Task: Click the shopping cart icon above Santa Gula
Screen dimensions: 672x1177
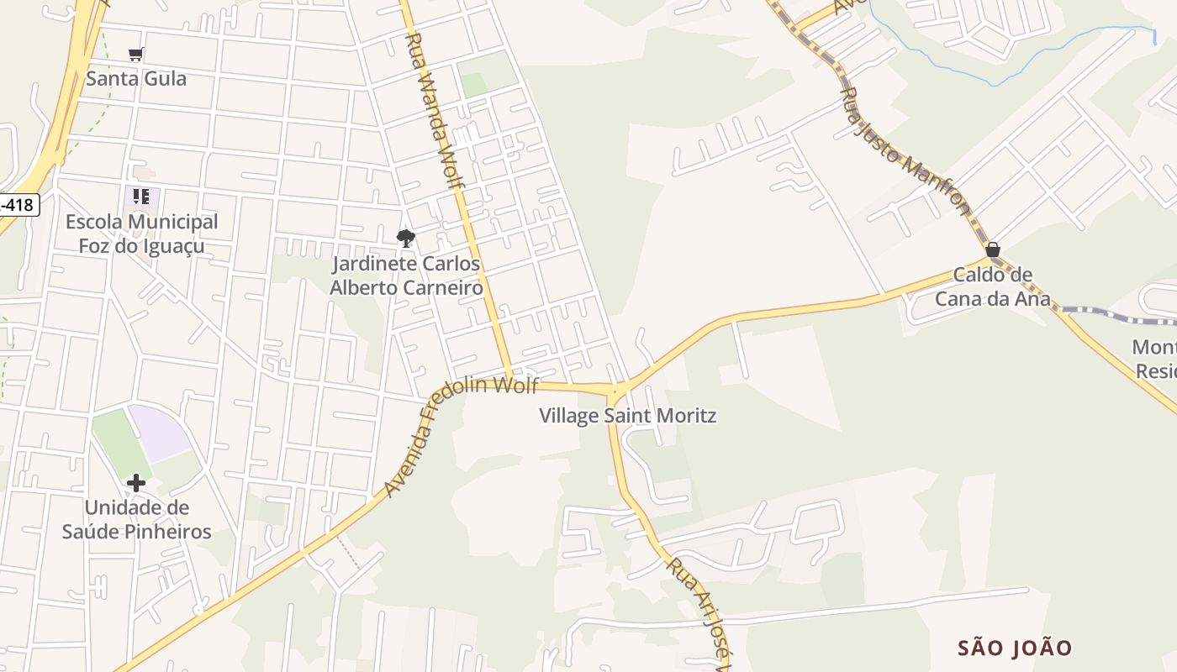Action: pyautogui.click(x=135, y=55)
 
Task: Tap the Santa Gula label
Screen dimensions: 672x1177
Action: pyautogui.click(x=136, y=79)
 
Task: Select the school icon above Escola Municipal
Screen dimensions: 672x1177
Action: pyautogui.click(x=141, y=197)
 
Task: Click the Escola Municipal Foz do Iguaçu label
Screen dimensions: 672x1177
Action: pyautogui.click(x=141, y=234)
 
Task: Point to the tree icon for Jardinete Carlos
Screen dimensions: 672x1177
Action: pyautogui.click(x=406, y=238)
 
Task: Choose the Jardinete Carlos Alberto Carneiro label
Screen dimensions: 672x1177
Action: pyautogui.click(x=406, y=276)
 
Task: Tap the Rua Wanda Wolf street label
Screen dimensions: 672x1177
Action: pyautogui.click(x=437, y=118)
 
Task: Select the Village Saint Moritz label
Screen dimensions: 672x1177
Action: pyautogui.click(x=627, y=416)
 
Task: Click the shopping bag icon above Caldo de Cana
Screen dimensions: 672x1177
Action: pyautogui.click(x=993, y=249)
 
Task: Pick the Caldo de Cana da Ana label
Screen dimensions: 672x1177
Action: pyautogui.click(x=993, y=286)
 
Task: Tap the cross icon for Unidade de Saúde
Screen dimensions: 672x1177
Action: pyautogui.click(x=136, y=483)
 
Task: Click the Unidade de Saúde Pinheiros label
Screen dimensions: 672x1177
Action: pyautogui.click(x=136, y=520)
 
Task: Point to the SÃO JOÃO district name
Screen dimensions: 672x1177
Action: pyautogui.click(x=1015, y=648)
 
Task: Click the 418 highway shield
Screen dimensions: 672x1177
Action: pyautogui.click(x=18, y=204)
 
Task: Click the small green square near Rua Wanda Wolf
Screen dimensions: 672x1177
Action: pyautogui.click(x=474, y=85)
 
